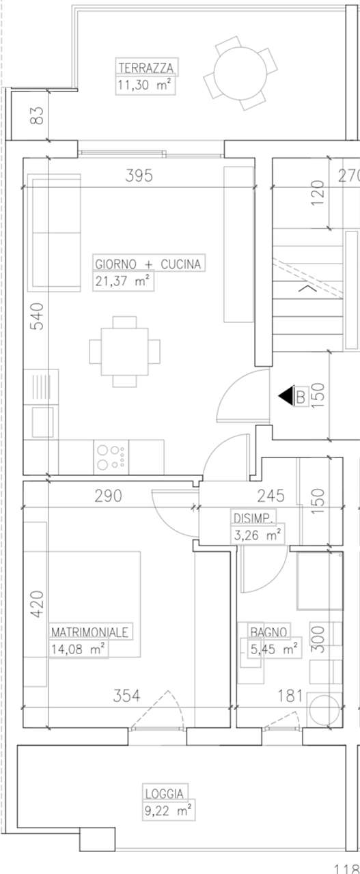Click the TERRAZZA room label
coord(146,68)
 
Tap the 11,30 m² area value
coord(144,85)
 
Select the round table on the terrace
coord(240,73)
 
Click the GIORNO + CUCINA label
coord(148,264)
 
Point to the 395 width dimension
coord(139,175)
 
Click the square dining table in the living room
coord(124,352)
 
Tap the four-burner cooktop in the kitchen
coord(111,457)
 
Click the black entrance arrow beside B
coord(286,397)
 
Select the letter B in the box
coord(301,397)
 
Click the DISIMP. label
coord(253,518)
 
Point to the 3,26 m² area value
coord(257,535)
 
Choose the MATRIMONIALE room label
coord(89,632)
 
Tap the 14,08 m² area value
coord(78,649)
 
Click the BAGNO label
coord(268,632)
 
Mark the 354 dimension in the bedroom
coord(126,696)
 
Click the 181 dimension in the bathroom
coord(290,696)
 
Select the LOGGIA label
coord(164,794)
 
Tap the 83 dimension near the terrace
coord(38,115)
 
